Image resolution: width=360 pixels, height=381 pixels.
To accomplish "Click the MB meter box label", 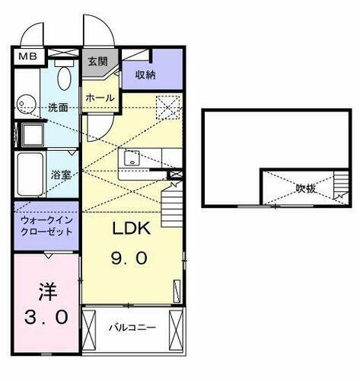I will [26, 56].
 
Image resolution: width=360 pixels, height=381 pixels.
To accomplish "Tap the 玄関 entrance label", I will [97, 61].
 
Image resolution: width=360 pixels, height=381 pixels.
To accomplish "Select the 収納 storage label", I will [146, 74].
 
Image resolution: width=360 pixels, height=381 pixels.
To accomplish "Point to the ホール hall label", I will [100, 98].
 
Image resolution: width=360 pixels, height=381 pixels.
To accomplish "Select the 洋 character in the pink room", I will [45, 291].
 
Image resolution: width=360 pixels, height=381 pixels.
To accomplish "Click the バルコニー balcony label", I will [132, 328].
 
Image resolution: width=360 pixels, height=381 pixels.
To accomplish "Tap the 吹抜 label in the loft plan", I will [306, 187].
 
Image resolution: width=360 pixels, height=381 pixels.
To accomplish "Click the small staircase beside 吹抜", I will [338, 192].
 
